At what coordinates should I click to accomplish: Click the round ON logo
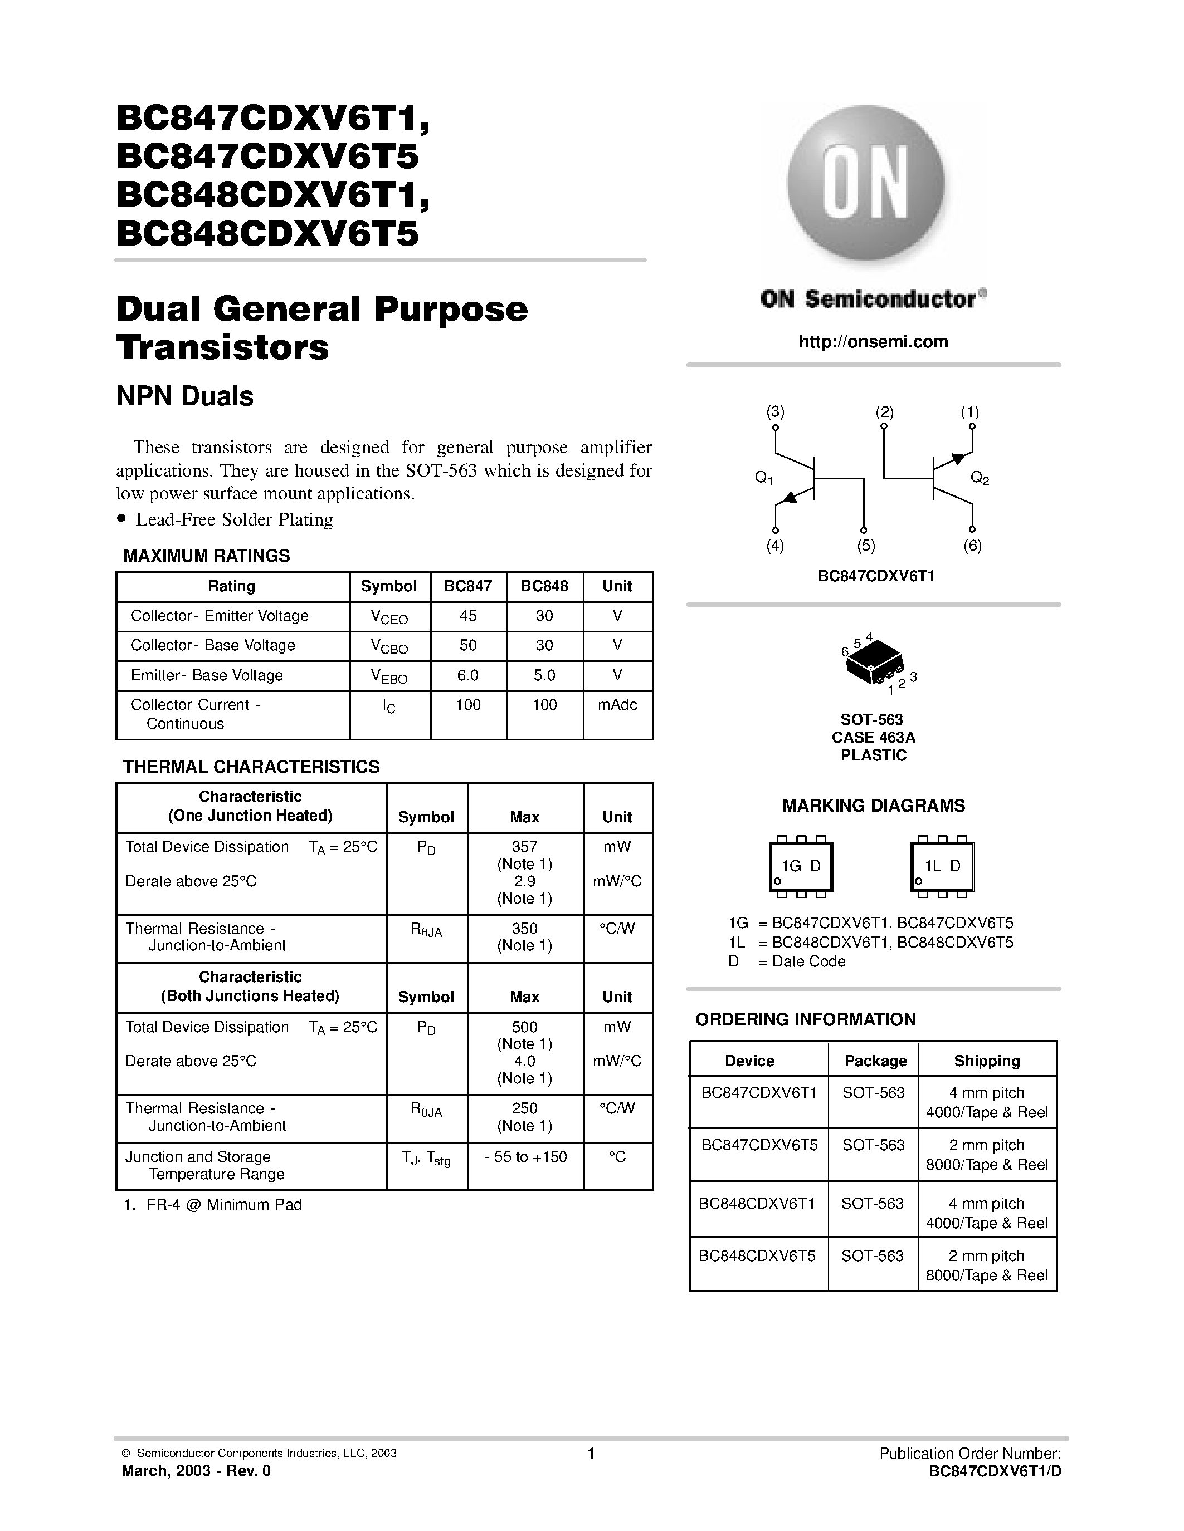coord(865,184)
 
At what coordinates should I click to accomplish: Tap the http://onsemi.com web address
coord(873,341)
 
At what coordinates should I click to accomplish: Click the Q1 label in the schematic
coord(764,478)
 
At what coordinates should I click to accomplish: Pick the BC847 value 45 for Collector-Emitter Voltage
coord(468,616)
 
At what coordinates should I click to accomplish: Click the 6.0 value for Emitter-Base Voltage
coord(468,675)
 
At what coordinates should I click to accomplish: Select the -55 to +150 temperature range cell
coord(525,1157)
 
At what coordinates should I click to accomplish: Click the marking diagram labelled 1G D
coord(801,866)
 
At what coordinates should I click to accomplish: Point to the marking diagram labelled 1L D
coord(942,866)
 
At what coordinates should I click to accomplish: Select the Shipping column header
coord(986,1061)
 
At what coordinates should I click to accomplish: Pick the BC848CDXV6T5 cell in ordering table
coord(757,1255)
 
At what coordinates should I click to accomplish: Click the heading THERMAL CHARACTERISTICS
coord(251,766)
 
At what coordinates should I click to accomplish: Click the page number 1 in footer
coord(591,1453)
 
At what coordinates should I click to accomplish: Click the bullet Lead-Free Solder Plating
coord(233,519)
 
